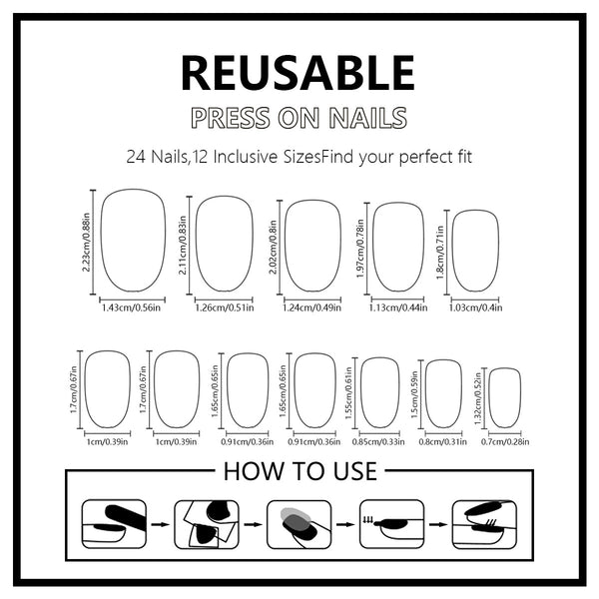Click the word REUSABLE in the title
point(298,73)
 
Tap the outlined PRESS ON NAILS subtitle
point(299,118)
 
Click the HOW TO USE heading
point(299,470)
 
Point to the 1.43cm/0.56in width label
point(132,307)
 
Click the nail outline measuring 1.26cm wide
point(224,244)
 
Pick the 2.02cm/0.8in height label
point(275,246)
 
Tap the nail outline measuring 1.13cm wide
point(398,248)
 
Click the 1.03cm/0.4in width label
point(474,307)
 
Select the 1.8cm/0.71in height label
point(441,252)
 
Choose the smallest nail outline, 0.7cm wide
point(505,397)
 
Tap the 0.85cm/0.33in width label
point(379,441)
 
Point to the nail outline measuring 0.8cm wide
point(443,393)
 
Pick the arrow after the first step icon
point(158,523)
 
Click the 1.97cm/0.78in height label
point(361,247)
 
